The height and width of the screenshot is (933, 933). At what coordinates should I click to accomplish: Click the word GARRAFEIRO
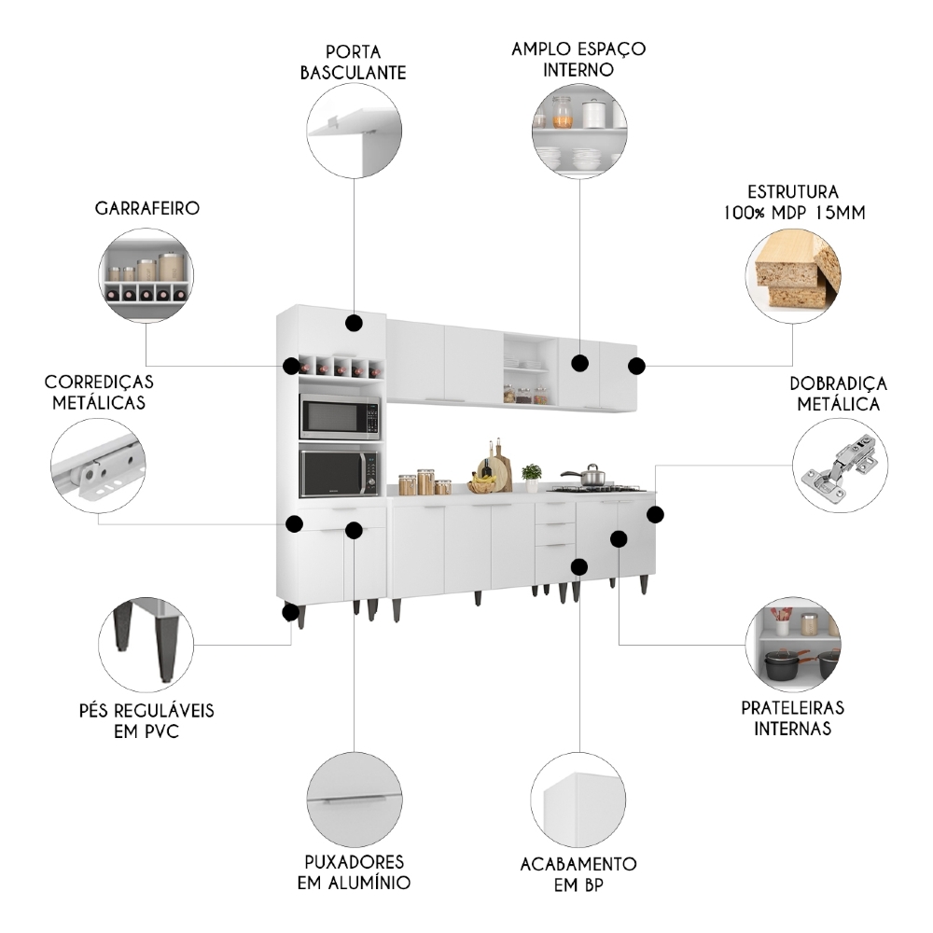pos(147,208)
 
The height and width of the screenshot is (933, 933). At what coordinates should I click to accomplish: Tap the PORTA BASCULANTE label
pos(353,61)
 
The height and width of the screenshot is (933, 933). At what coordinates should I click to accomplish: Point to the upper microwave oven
pos(339,416)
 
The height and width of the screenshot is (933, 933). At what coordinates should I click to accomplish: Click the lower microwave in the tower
pos(339,473)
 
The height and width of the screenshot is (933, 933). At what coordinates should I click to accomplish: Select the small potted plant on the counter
pos(532,476)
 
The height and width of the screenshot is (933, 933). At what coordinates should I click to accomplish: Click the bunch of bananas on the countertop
pos(481,483)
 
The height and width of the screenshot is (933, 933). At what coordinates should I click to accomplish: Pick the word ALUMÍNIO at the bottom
pos(354,882)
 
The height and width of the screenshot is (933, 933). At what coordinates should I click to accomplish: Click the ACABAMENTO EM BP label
pos(578,874)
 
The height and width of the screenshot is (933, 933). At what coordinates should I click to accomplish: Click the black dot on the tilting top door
pos(354,324)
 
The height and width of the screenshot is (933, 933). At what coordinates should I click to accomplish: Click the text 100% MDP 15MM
pos(793,213)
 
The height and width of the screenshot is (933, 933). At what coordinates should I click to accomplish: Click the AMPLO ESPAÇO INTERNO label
pos(578,58)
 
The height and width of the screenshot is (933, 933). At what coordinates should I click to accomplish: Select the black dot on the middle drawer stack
pos(579,566)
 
